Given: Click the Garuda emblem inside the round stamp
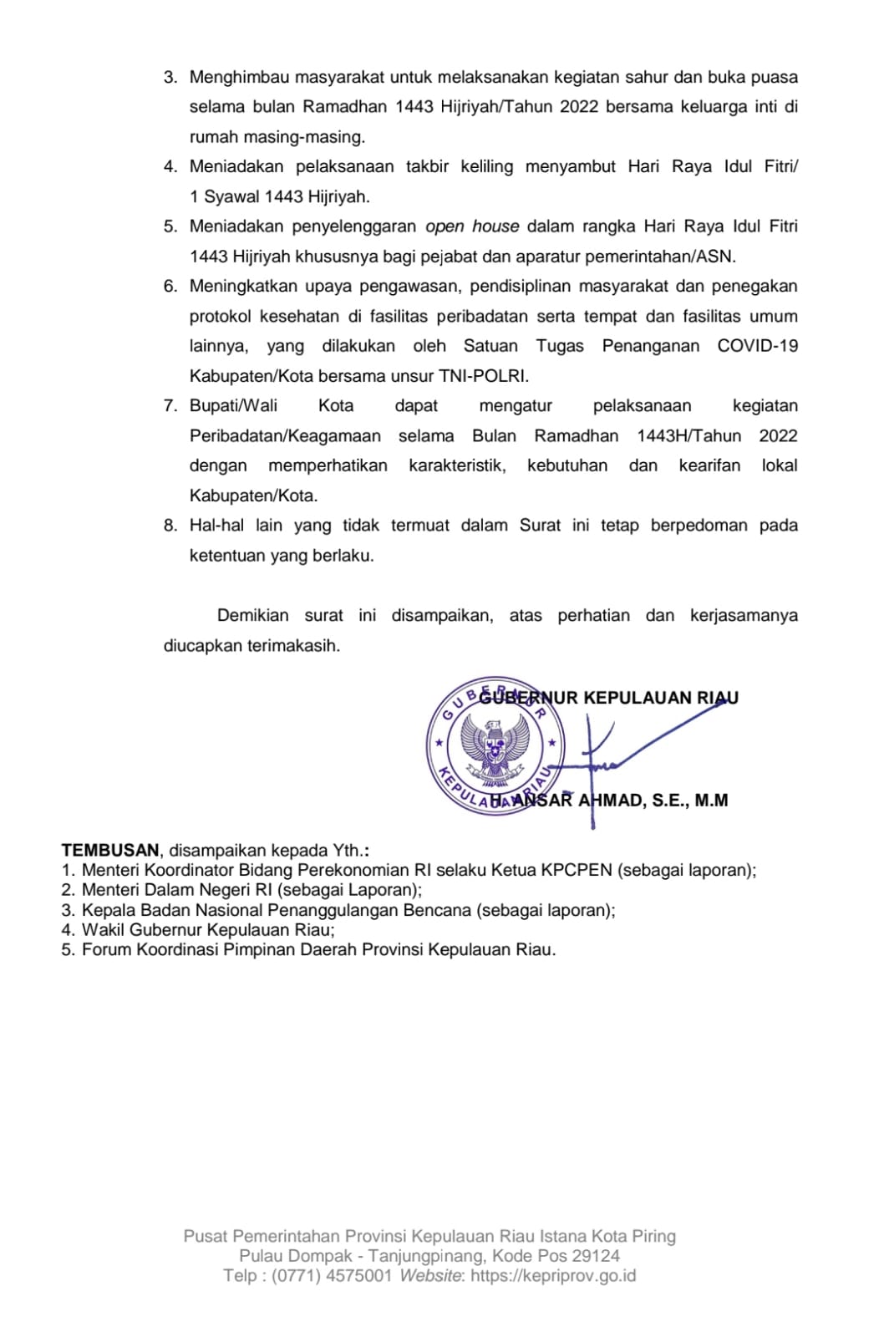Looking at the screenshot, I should (495, 745).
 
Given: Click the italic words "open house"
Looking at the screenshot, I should (472, 226).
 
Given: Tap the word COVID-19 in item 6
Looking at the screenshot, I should (757, 346).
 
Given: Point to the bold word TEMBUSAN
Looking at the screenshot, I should (110, 851).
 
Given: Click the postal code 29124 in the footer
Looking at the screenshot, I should (592, 1256).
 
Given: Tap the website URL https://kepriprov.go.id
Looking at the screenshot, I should (553, 1276).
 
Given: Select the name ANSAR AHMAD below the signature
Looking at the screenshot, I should (577, 801).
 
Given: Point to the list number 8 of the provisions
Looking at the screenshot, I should (170, 526).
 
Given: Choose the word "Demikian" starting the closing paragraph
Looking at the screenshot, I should (252, 616).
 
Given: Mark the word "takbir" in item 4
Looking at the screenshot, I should (427, 166).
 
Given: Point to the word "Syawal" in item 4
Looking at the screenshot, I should (231, 197).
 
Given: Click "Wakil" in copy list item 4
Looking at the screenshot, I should (104, 930).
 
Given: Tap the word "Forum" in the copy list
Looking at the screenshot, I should (106, 950).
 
